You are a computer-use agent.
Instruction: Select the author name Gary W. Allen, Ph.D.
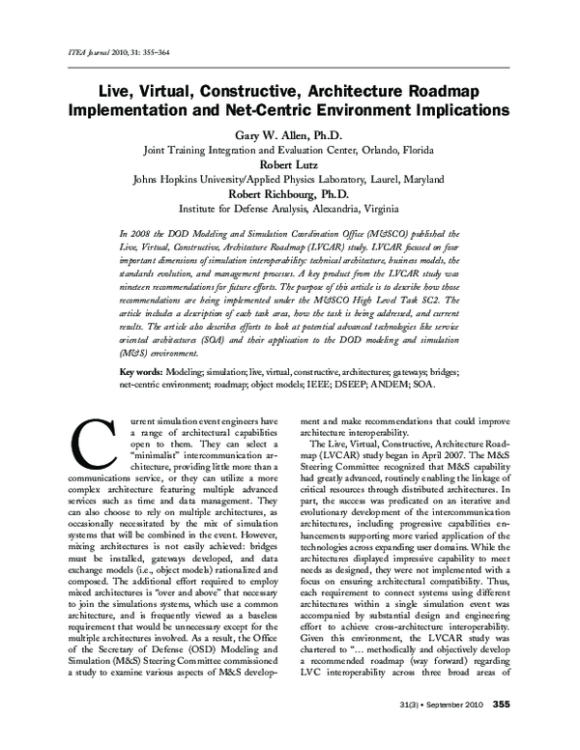coord(290,134)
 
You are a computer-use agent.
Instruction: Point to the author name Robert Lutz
coord(290,165)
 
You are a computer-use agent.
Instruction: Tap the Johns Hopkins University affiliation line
coord(290,180)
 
